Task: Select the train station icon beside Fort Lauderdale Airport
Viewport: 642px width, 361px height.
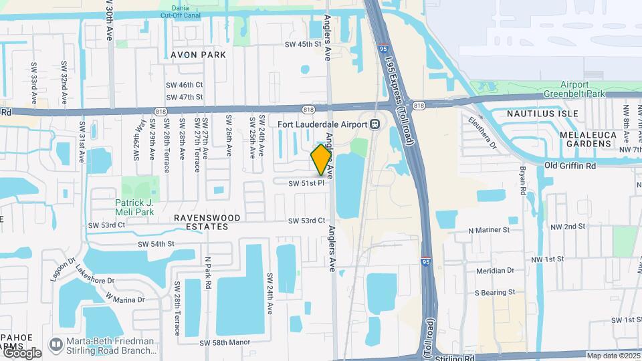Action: pos(375,124)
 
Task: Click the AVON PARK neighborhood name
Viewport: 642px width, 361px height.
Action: pos(198,54)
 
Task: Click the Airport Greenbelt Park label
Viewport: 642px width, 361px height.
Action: pos(574,89)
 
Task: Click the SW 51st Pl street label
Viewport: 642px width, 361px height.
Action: pos(306,183)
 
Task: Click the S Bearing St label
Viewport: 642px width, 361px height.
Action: pos(495,292)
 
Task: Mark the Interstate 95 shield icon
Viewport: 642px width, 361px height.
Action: pos(426,262)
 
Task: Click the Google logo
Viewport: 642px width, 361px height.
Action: pos(21,352)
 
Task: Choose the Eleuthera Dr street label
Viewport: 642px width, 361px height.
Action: pos(486,134)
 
